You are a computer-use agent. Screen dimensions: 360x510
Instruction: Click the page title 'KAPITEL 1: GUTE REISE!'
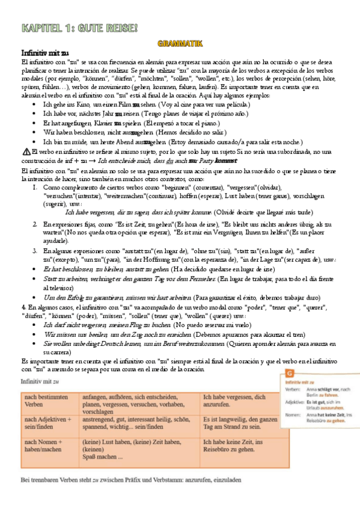(x=79, y=28)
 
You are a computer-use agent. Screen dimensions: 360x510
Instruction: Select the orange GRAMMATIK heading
(x=180, y=43)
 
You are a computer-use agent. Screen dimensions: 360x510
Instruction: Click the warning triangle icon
(x=25, y=152)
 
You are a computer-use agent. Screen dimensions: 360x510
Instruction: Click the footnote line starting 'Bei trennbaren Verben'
(x=131, y=480)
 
